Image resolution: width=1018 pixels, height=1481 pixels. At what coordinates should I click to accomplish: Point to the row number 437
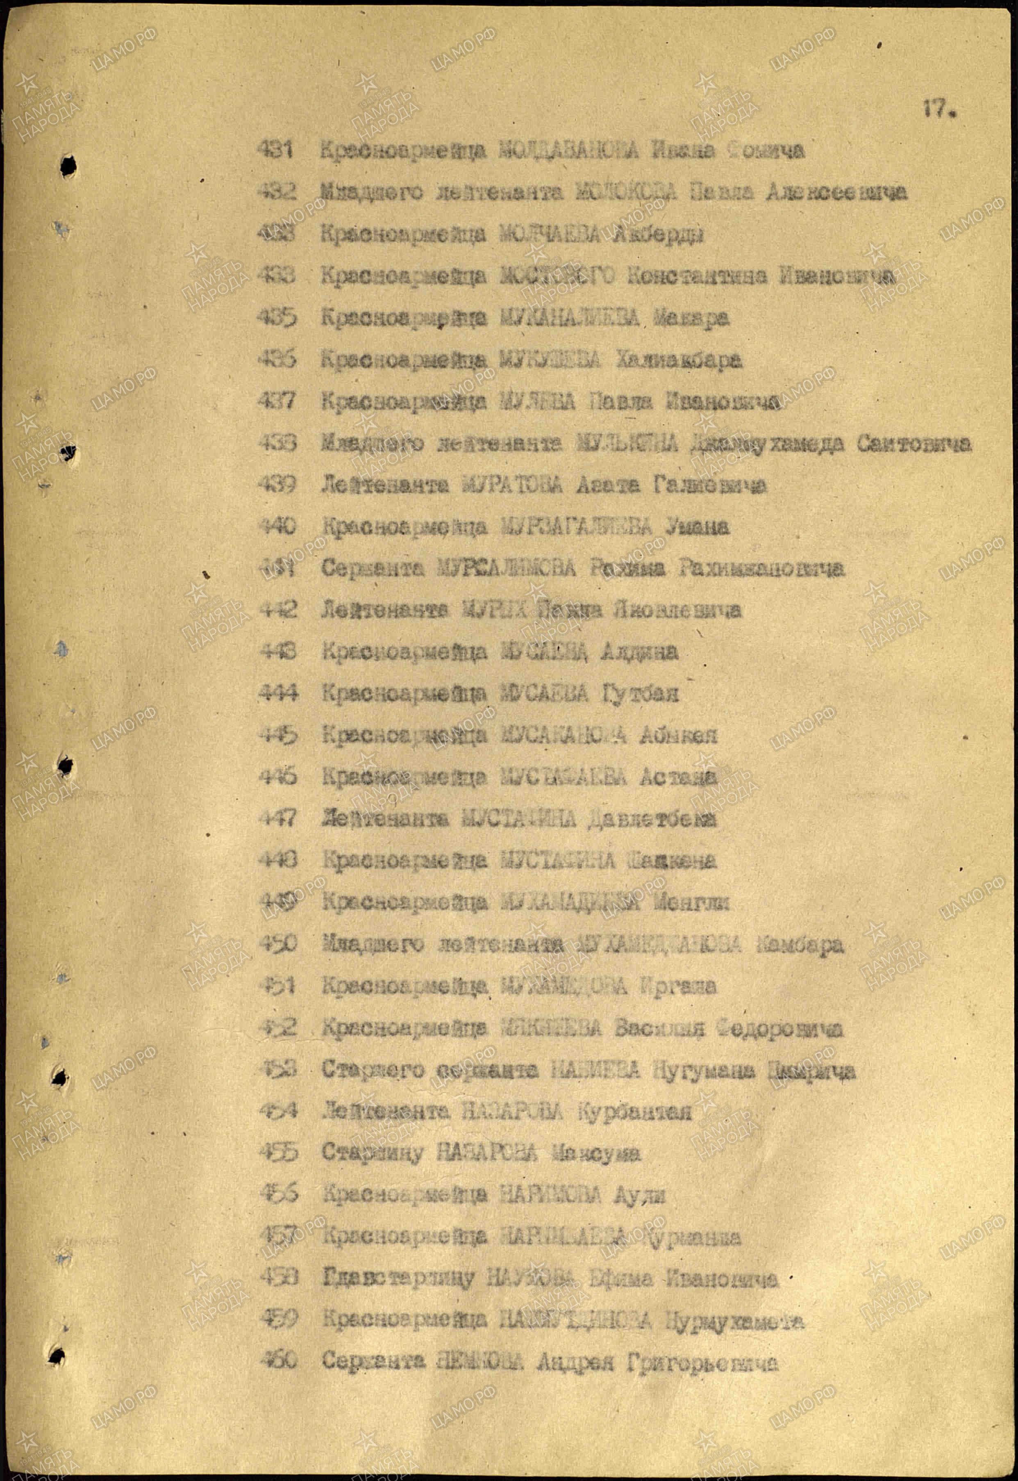(277, 401)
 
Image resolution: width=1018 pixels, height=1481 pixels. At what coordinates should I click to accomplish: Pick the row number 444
(278, 693)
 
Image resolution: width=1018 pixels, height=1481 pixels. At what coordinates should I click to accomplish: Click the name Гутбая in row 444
(639, 693)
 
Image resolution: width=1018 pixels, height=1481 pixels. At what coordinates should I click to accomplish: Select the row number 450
(277, 944)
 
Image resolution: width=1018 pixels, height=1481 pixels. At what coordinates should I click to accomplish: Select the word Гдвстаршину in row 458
(399, 1278)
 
